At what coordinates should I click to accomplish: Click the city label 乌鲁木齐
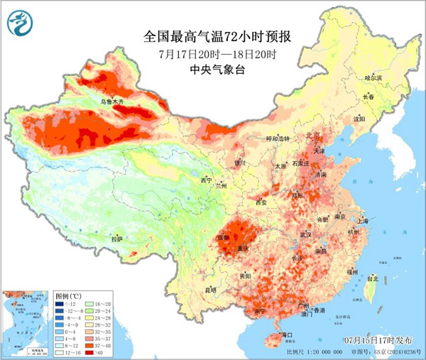[x=111, y=103]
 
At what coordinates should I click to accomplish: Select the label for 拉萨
[x=117, y=239]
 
